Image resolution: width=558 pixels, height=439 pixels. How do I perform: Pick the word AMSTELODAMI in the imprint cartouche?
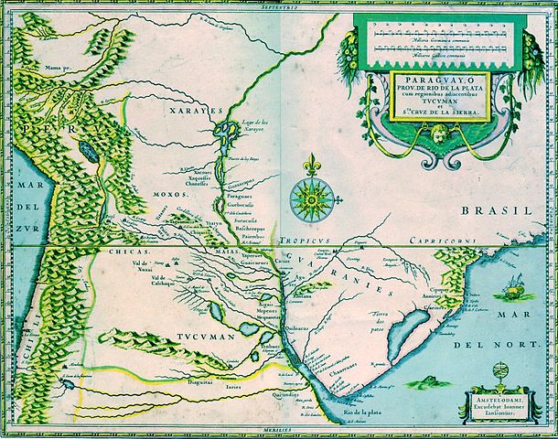pos(499,399)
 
